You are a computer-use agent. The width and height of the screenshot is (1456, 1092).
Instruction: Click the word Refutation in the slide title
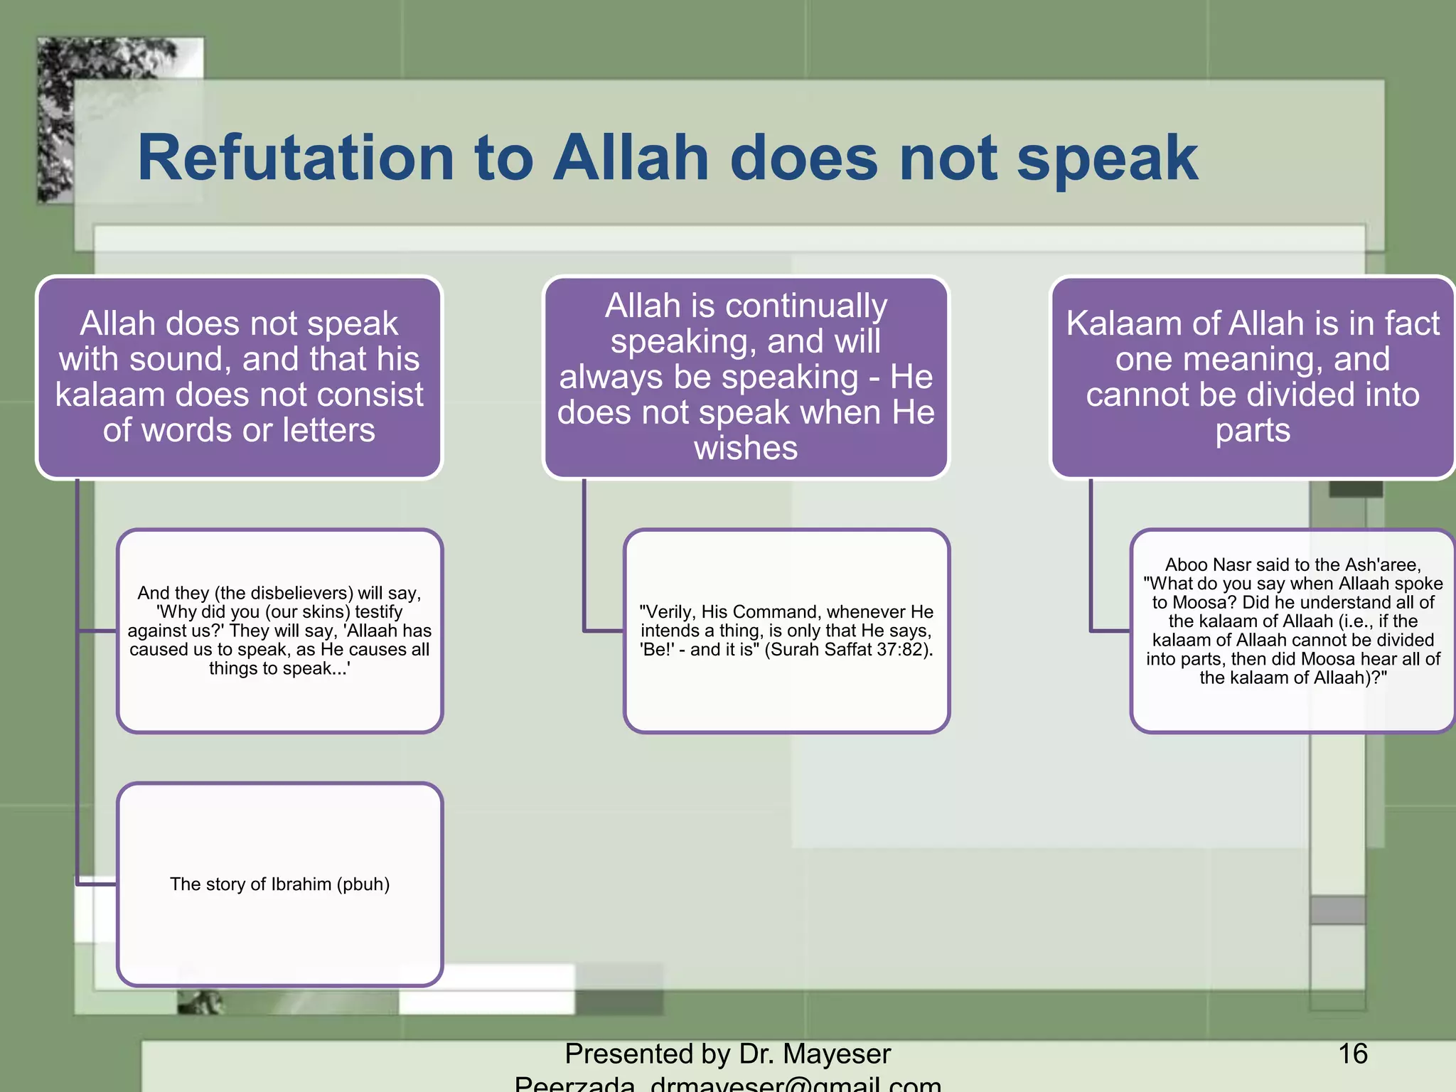click(295, 159)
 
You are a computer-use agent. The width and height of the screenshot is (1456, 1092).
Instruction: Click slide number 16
click(1352, 1054)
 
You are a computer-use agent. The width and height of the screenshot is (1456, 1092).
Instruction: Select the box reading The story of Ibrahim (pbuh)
click(279, 884)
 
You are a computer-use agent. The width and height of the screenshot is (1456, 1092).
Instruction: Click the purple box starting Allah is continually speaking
click(746, 377)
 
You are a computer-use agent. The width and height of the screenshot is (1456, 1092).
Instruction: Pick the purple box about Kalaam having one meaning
click(1253, 377)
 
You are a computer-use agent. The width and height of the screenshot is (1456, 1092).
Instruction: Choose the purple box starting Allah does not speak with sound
click(239, 377)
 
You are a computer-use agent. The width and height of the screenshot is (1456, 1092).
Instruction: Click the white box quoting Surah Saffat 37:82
click(786, 631)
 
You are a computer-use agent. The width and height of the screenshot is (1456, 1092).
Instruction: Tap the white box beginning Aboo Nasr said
click(1292, 630)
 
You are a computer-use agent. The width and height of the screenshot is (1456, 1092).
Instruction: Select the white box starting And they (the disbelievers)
click(279, 631)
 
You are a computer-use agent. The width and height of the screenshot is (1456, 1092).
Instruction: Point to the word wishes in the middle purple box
click(746, 449)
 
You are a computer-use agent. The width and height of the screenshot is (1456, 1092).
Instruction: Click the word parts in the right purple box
click(1253, 431)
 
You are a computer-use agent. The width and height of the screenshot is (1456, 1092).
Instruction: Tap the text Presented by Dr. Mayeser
click(727, 1054)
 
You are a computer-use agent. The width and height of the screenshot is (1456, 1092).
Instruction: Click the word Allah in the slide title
click(631, 159)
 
